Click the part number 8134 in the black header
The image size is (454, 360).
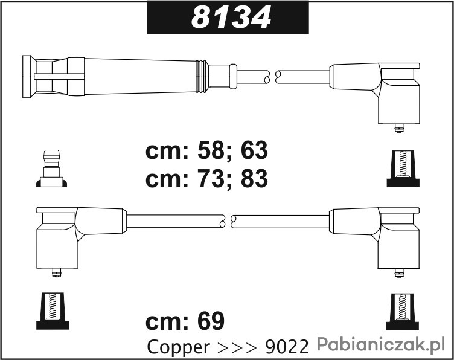pos(231,18)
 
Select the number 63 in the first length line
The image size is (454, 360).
pos(255,150)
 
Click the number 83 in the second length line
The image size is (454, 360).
pos(255,178)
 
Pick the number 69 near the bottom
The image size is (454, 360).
pos(211,321)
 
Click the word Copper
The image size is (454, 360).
pos(178,347)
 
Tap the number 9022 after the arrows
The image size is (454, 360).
pos(287,347)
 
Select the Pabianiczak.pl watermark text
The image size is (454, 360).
pos(381,344)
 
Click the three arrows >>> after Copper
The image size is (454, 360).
pos(237,347)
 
